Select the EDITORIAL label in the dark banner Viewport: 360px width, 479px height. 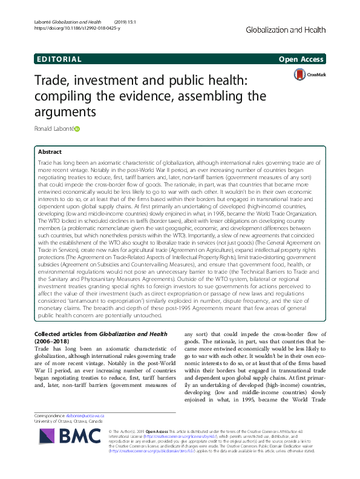[59, 59]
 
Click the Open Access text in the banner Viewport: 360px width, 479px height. [301, 59]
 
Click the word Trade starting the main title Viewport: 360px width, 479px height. [54, 81]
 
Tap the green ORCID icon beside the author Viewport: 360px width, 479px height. [77, 128]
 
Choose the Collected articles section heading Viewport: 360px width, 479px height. [67, 334]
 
